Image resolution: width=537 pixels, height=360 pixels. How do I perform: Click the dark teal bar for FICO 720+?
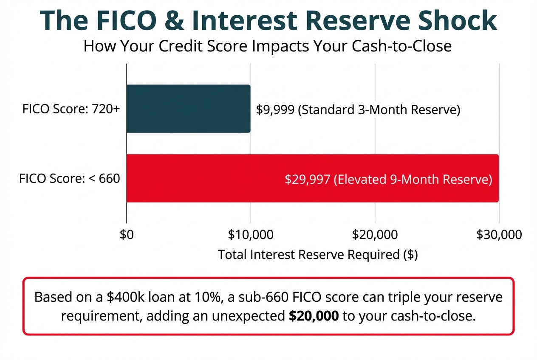point(188,109)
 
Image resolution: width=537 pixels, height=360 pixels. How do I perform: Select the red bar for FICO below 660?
point(312,178)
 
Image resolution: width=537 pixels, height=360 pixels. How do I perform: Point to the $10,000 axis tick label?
point(250,235)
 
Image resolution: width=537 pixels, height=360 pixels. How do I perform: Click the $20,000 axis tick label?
point(375,235)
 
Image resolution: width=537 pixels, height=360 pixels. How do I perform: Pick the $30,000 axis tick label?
point(499,235)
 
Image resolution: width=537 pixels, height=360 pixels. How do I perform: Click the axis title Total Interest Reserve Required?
point(318,255)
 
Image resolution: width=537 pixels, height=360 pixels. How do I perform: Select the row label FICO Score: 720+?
point(71,109)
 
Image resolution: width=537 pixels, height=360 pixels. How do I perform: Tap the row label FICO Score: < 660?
point(70,179)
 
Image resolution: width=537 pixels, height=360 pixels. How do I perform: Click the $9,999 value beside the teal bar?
point(275,110)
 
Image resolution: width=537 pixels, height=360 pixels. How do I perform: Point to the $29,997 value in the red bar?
point(307,180)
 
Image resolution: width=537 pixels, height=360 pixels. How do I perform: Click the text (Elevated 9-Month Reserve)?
point(413,180)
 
